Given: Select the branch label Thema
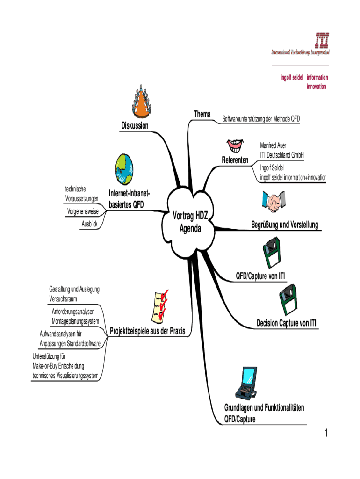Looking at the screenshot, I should (202, 114).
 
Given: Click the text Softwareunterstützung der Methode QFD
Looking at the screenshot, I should (261, 119).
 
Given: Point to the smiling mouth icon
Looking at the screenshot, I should (234, 144).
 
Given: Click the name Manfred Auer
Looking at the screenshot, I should (274, 145).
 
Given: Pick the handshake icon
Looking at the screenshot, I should (275, 201).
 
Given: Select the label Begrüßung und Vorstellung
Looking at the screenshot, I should (284, 225).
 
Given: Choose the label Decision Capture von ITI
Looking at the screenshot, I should (286, 323).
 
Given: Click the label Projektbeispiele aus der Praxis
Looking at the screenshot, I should (147, 332).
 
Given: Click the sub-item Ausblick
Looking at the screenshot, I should (89, 225).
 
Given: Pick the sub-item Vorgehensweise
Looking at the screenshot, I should (83, 212).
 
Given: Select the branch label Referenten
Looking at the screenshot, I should (235, 160).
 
